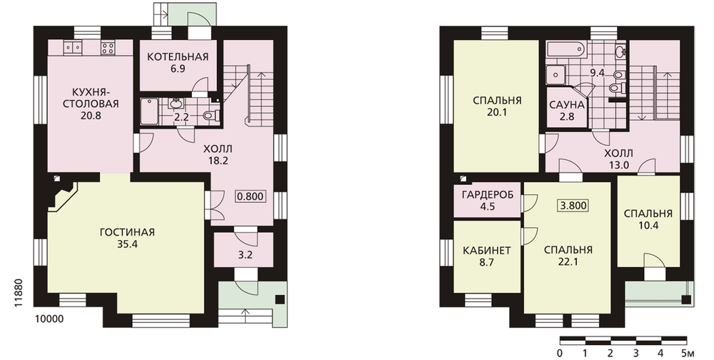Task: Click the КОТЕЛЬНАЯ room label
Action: [x=178, y=57]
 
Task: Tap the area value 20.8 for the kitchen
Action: [x=91, y=116]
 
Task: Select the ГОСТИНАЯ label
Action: [x=127, y=232]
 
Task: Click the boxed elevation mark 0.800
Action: [x=251, y=197]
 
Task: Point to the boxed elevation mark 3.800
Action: [x=573, y=205]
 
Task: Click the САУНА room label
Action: [x=566, y=105]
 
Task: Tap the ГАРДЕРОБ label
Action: [x=487, y=195]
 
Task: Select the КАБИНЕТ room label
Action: [x=487, y=251]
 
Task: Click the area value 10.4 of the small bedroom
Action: [x=648, y=226]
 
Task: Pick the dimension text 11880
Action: [x=19, y=293]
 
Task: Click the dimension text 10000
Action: [x=49, y=319]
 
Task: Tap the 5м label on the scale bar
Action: [x=688, y=353]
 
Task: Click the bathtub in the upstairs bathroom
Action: [x=565, y=49]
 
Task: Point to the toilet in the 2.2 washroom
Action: [x=211, y=115]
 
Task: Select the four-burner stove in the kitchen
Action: [x=108, y=48]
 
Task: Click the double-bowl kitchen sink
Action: [x=73, y=47]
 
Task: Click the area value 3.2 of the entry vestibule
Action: [x=245, y=255]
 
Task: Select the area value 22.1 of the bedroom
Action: [x=568, y=262]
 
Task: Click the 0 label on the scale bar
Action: [x=560, y=353]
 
